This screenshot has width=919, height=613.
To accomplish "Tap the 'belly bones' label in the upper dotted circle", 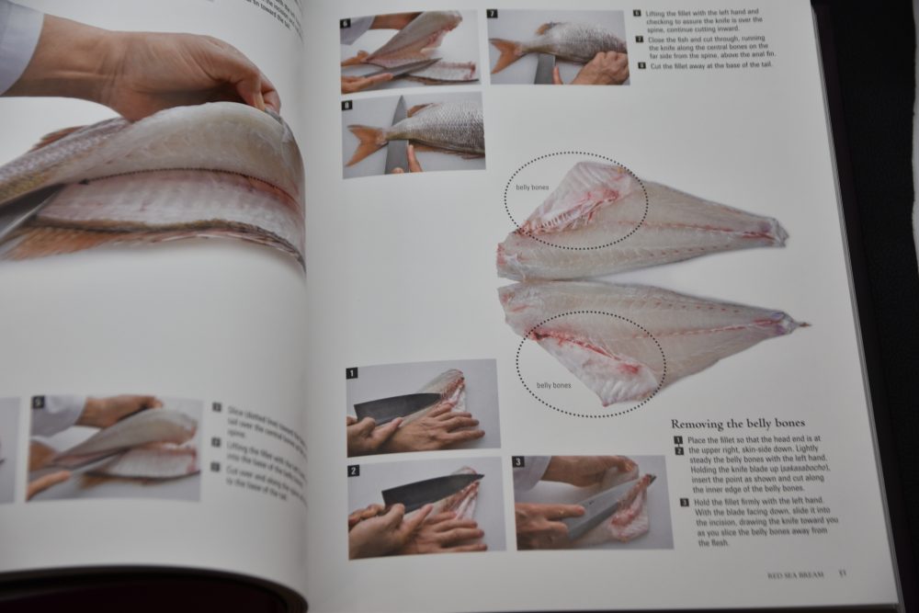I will click(x=532, y=187).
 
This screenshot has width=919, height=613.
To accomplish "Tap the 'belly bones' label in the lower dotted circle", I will click(x=553, y=385).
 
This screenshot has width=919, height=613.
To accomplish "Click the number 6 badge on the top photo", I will click(x=346, y=23).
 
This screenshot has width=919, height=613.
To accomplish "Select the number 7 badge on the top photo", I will click(x=493, y=15).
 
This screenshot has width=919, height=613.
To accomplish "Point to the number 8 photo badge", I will click(x=347, y=106).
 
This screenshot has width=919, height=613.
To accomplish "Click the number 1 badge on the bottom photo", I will click(x=352, y=373).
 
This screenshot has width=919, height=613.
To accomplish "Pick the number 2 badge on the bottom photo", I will click(x=354, y=471).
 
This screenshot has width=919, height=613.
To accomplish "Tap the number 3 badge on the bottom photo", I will click(x=519, y=461).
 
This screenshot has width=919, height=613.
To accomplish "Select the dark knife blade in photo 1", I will click(x=386, y=407).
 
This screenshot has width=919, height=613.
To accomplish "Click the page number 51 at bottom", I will click(x=842, y=574).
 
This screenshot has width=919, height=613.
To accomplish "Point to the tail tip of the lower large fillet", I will click(x=802, y=324).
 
